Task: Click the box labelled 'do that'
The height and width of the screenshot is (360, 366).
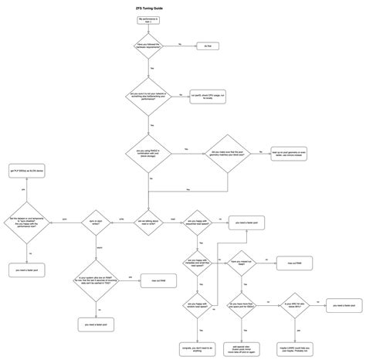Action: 207,46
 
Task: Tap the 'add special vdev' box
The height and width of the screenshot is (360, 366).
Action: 248,330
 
